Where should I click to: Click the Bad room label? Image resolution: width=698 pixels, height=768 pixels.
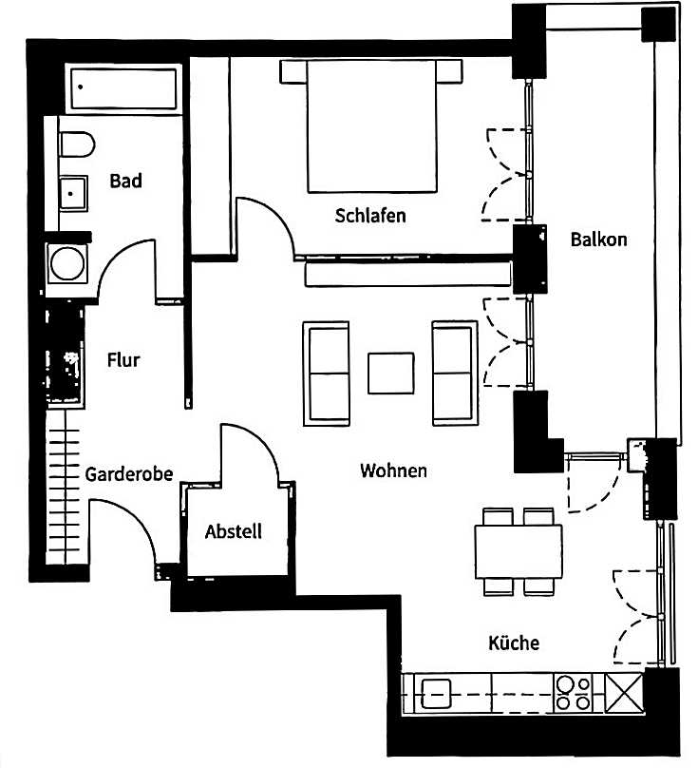125,181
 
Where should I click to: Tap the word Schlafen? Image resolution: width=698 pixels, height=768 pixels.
370,216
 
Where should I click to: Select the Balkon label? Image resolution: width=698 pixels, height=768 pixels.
598,240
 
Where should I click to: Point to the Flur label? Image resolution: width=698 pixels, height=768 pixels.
123,360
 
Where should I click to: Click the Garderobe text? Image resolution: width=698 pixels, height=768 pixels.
129,474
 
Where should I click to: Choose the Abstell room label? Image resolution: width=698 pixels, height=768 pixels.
234,531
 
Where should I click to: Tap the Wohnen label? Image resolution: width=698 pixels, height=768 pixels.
393,470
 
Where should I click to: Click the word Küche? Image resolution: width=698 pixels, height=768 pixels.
514,643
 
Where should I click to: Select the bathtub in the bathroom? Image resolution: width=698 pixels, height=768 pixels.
123,88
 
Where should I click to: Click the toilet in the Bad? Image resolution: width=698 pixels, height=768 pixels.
77,144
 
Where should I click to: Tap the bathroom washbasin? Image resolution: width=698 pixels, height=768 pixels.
73,194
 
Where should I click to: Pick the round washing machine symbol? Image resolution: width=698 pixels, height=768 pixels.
67,263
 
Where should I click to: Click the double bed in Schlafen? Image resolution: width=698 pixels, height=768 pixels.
371,126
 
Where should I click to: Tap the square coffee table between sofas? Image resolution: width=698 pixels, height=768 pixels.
391,374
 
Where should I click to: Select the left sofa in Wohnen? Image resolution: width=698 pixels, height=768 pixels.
326,374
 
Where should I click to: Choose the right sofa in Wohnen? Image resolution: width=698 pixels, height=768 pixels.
455,374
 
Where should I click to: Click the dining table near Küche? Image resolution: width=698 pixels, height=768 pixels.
519,551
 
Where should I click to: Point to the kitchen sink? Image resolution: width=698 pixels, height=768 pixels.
436,694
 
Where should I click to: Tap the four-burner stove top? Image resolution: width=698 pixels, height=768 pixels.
574,693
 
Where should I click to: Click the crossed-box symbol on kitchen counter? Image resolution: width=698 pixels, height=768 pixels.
624,693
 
